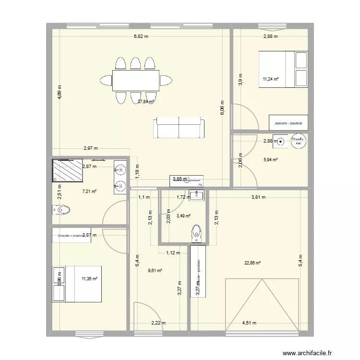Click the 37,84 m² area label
tap(145, 102)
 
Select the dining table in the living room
tap(136, 80)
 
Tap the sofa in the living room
tap(179, 128)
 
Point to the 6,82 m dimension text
tap(141, 36)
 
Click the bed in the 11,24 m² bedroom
tap(283, 70)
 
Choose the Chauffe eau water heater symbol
tap(298, 141)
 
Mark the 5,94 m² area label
tap(272, 160)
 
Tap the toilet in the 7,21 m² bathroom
tap(61, 210)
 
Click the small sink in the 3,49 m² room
tap(197, 194)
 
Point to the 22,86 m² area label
tap(252, 263)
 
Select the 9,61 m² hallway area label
tap(155, 271)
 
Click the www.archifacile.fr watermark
tap(307, 354)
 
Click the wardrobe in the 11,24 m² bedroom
tap(288, 123)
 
